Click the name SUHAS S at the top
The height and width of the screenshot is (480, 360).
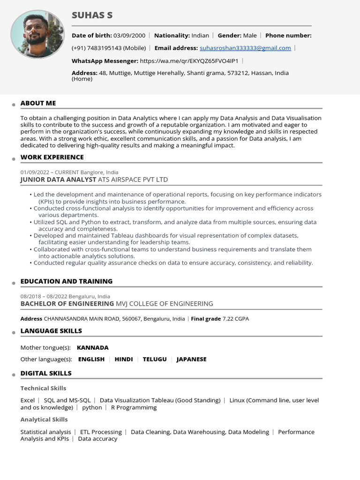[x=92, y=15]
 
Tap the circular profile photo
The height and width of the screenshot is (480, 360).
[x=37, y=34]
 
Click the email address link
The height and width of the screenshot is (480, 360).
[x=245, y=48]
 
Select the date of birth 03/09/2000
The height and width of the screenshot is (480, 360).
[x=129, y=35]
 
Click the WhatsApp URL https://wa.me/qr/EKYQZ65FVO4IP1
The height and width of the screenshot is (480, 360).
[x=189, y=60]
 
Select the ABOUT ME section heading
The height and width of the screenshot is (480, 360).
[x=38, y=103]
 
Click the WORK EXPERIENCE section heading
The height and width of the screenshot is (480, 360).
[x=52, y=157]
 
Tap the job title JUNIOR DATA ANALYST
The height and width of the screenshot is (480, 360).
[x=58, y=180]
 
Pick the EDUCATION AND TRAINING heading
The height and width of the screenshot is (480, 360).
[x=66, y=281]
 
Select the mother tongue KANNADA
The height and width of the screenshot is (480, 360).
[x=92, y=348]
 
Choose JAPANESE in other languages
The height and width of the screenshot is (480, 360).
[x=191, y=360]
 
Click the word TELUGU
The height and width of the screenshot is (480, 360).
[x=155, y=360]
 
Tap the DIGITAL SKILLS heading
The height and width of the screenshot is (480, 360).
[x=46, y=373]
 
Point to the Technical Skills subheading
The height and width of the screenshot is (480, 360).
[x=43, y=388]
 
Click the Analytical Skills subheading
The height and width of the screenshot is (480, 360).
[x=44, y=420]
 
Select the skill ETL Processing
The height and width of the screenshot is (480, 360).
[x=101, y=432]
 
